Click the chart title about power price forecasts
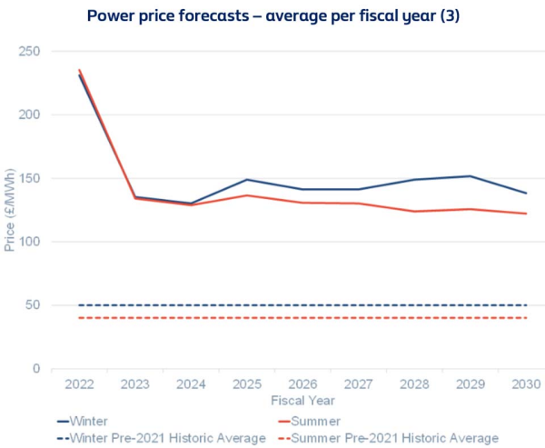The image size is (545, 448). pos(272,16)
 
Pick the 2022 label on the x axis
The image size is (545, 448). pos(80,385)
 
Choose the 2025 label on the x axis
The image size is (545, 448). pos(247,385)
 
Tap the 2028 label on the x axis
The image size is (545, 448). pos(414,385)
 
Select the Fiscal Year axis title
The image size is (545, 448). pos(302,401)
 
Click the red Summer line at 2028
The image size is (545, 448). pos(414,212)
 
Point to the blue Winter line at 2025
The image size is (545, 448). pos(247,180)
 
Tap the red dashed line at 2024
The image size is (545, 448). pos(192,318)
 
